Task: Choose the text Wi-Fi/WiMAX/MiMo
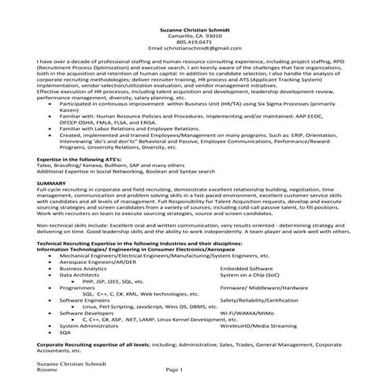[247, 313]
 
